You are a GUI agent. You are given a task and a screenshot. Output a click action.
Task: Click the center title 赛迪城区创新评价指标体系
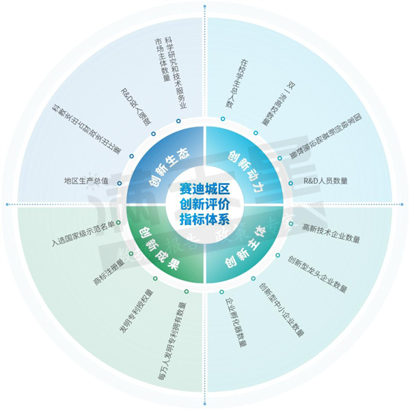(x=204, y=203)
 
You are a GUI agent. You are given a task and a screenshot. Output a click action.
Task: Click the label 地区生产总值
(x=85, y=181)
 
